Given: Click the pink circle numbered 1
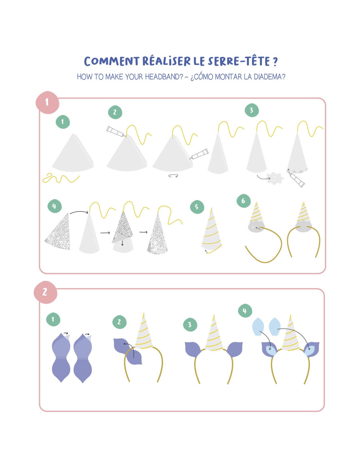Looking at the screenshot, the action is pyautogui.click(x=47, y=103).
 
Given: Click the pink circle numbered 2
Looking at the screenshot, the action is pyautogui.click(x=45, y=292).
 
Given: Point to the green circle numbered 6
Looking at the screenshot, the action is pyautogui.click(x=243, y=201).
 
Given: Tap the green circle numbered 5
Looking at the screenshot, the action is pyautogui.click(x=197, y=207).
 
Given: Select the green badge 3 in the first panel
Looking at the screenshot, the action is pyautogui.click(x=252, y=111).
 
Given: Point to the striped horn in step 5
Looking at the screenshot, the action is pyautogui.click(x=212, y=230).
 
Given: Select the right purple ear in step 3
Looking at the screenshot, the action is pyautogui.click(x=235, y=350).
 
